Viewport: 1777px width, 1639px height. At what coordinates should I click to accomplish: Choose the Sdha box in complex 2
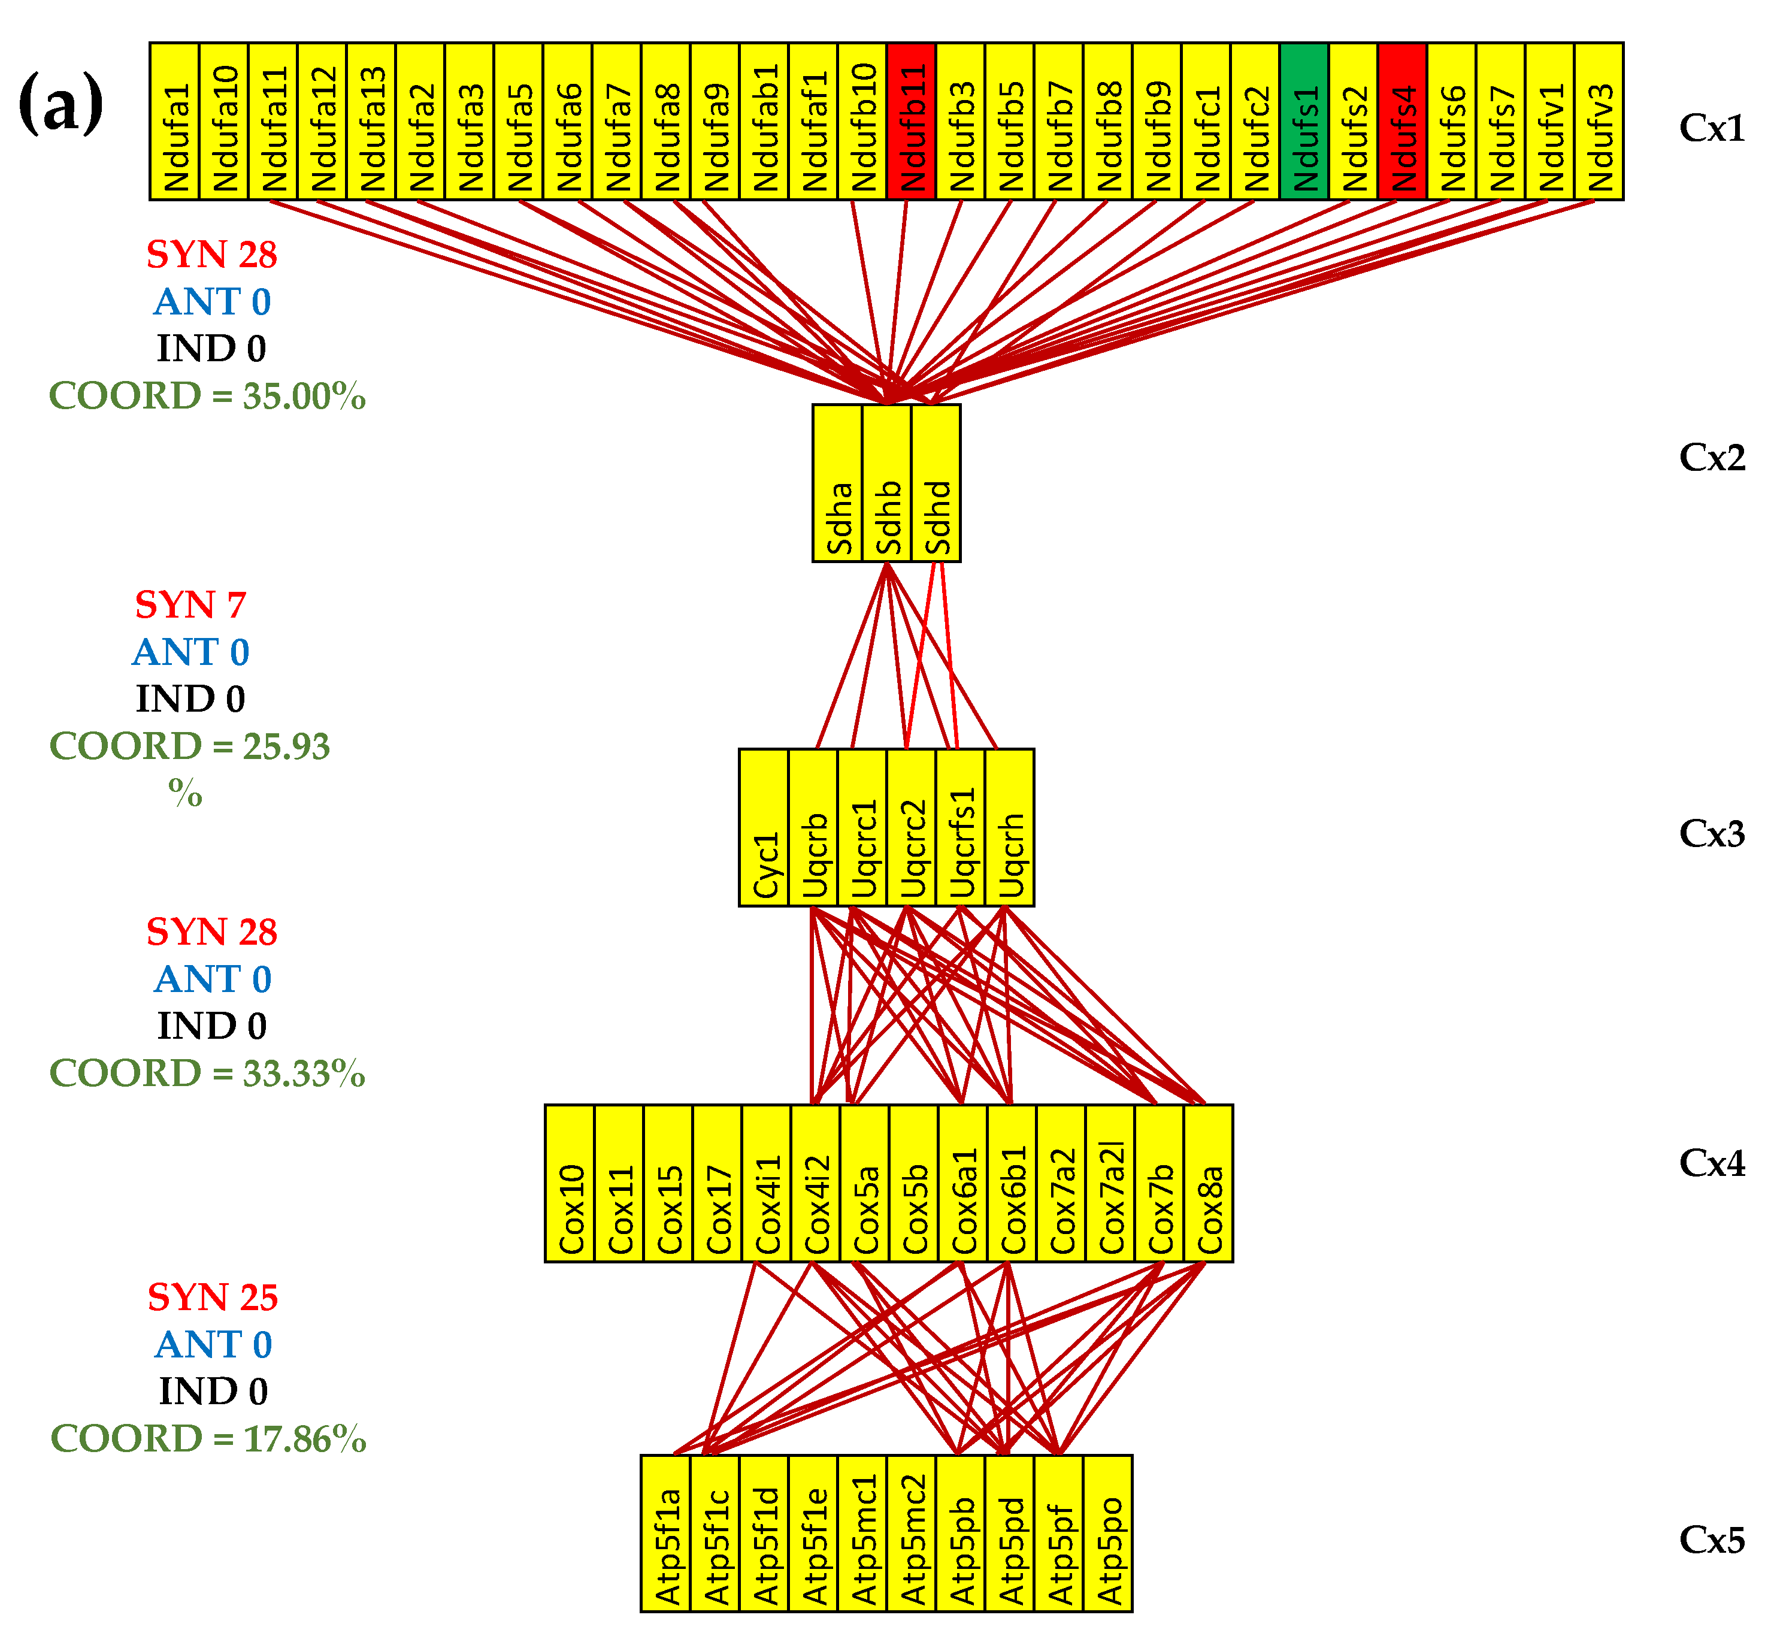(x=838, y=483)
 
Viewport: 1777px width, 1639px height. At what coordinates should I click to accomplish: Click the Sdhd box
(x=936, y=483)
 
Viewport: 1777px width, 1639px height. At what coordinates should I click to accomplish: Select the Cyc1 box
(x=764, y=827)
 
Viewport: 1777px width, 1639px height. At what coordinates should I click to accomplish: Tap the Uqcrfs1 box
(x=960, y=827)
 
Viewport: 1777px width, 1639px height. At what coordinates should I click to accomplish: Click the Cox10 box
(x=570, y=1183)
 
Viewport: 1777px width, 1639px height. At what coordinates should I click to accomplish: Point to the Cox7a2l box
(x=1110, y=1183)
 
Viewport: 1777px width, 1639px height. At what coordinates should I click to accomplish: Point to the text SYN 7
(x=190, y=606)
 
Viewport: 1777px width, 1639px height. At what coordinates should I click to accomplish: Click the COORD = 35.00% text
(x=207, y=395)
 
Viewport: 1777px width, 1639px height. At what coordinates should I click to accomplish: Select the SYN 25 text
(x=213, y=1298)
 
